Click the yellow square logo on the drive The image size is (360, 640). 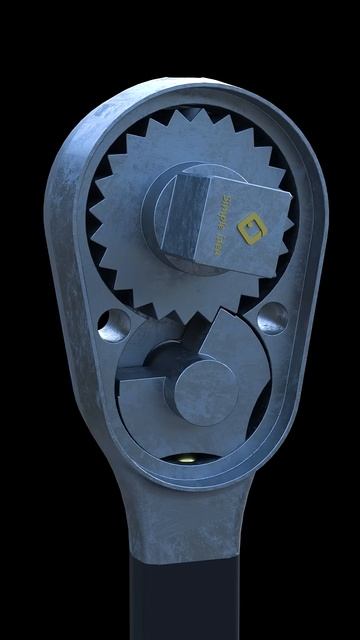coord(247,231)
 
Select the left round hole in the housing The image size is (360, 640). coord(113,324)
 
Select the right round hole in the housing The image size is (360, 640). coord(272,318)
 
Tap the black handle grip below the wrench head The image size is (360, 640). coord(180,600)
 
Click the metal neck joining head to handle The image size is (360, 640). coord(180,520)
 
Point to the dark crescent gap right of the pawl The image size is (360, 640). coord(257,400)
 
